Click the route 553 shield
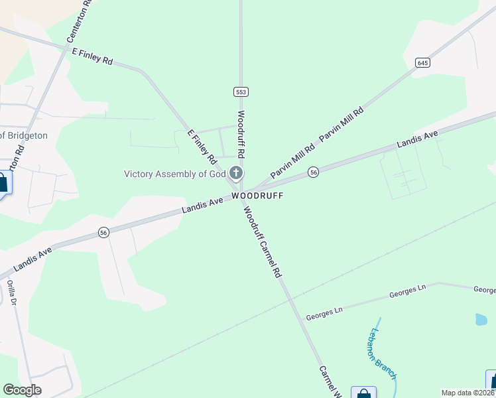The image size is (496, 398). tap(240, 92)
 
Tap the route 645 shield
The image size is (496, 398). tap(423, 62)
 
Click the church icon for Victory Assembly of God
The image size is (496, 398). tap(236, 174)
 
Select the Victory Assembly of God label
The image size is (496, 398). tap(176, 174)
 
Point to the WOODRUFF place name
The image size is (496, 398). tap(257, 196)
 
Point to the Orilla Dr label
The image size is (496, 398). tap(11, 291)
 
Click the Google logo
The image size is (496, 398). tap(22, 390)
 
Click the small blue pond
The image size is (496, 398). tap(481, 319)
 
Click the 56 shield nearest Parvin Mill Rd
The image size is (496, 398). tap(314, 172)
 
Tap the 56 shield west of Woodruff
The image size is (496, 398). tap(103, 232)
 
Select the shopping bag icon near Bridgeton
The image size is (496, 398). tap(3, 182)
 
